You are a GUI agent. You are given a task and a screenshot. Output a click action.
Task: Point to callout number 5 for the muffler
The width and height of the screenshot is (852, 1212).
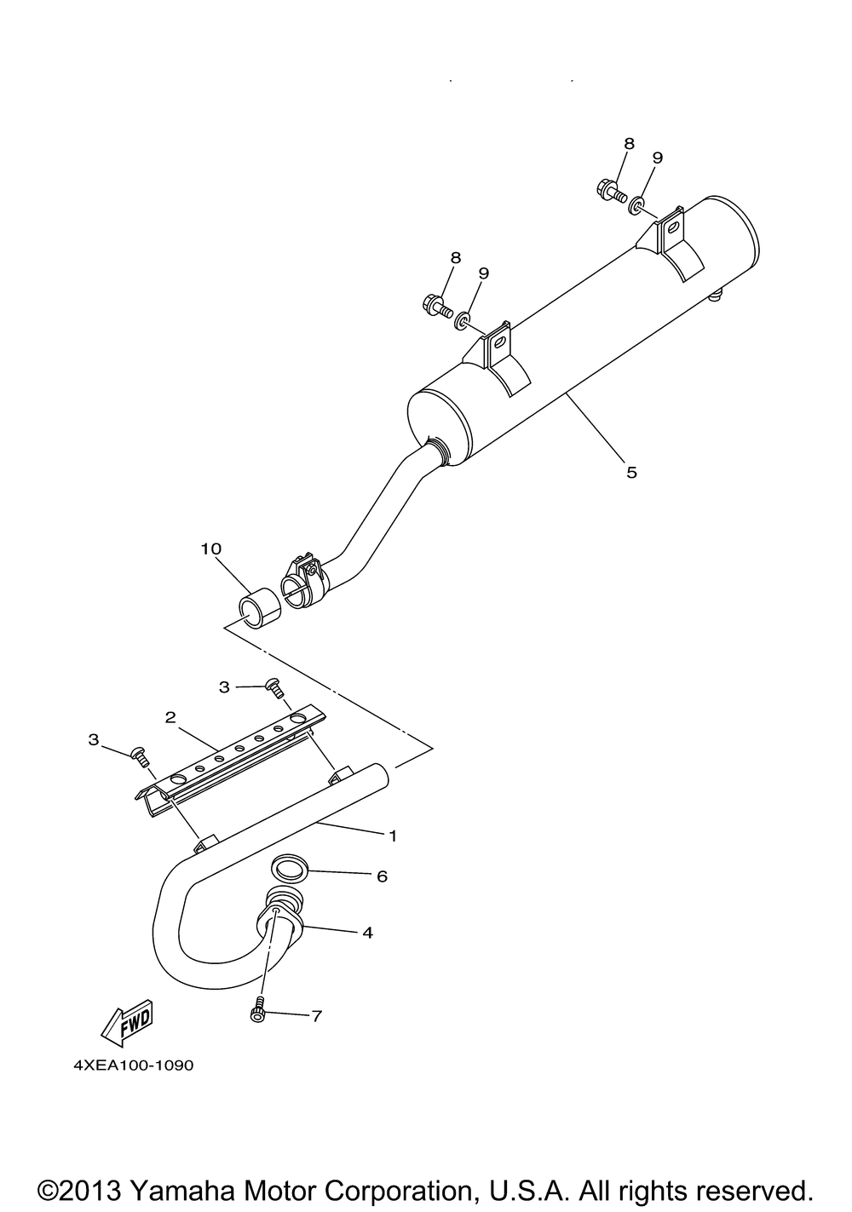click(631, 472)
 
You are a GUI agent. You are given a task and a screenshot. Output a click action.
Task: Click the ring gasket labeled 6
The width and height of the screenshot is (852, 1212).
click(290, 870)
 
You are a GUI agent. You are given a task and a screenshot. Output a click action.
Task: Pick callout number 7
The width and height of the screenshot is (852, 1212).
click(316, 1016)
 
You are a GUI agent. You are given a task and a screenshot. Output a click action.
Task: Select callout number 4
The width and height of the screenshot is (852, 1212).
click(367, 933)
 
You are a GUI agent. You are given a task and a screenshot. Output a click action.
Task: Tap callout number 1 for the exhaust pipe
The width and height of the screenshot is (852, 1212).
click(393, 836)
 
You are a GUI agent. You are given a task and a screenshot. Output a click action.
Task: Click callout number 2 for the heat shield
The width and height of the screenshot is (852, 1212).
click(170, 717)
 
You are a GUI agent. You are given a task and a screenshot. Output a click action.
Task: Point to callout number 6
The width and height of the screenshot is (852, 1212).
click(382, 876)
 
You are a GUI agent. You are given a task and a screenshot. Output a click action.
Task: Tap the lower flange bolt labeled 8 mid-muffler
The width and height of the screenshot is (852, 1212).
click(435, 304)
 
